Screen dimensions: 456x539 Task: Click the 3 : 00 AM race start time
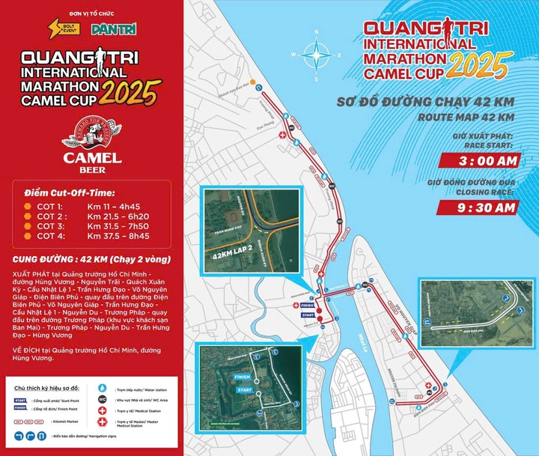tap(477, 159)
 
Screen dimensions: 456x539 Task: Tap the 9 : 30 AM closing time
tap(477, 207)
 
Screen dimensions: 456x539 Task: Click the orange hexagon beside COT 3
tap(28, 225)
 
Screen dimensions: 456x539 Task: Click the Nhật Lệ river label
tap(362, 341)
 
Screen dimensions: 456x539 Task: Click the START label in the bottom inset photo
tap(243, 390)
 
